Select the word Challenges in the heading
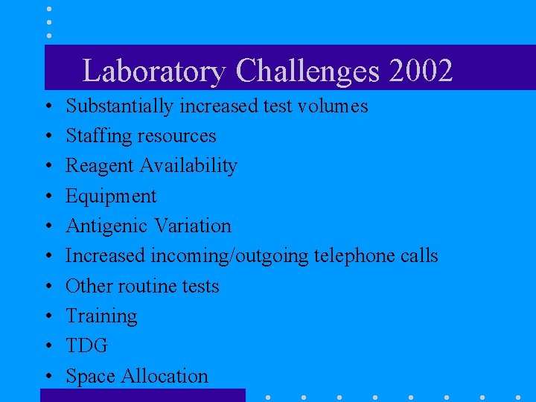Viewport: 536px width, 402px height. [307, 71]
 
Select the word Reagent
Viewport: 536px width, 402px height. [95, 166]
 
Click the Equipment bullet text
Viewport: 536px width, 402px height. [111, 196]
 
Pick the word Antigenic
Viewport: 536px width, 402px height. [106, 226]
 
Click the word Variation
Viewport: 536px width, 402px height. [192, 226]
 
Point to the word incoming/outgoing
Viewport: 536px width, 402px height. [229, 256]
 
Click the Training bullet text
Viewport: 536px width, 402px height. [101, 316]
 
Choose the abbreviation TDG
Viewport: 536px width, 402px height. [86, 346]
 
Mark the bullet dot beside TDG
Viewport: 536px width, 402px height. [48, 347]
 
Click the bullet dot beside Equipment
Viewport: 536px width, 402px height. [48, 197]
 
